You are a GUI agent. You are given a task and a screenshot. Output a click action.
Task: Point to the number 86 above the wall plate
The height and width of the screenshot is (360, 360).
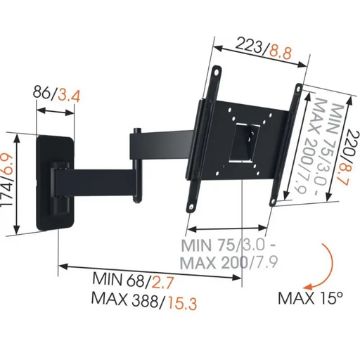[43, 93]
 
